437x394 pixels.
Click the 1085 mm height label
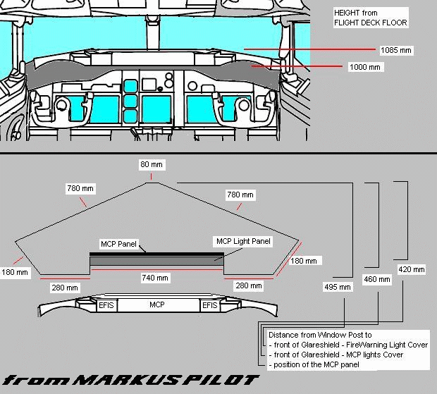click(395, 51)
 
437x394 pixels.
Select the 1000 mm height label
click(364, 67)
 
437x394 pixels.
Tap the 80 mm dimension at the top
click(151, 165)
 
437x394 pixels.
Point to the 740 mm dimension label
click(155, 278)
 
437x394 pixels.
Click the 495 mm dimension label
click(337, 287)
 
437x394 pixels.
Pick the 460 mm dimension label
click(377, 279)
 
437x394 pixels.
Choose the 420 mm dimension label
click(412, 269)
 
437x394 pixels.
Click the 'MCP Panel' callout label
click(118, 244)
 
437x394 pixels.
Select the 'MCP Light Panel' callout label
click(244, 241)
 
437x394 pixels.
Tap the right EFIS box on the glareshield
click(209, 305)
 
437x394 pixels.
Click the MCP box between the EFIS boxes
click(156, 305)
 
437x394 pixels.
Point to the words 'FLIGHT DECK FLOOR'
click(371, 23)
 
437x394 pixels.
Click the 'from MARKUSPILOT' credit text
click(131, 381)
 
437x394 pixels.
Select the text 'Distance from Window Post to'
click(320, 335)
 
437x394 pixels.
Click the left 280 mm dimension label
click(66, 287)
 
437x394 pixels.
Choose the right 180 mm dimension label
click(305, 261)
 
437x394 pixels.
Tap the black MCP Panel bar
click(156, 253)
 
